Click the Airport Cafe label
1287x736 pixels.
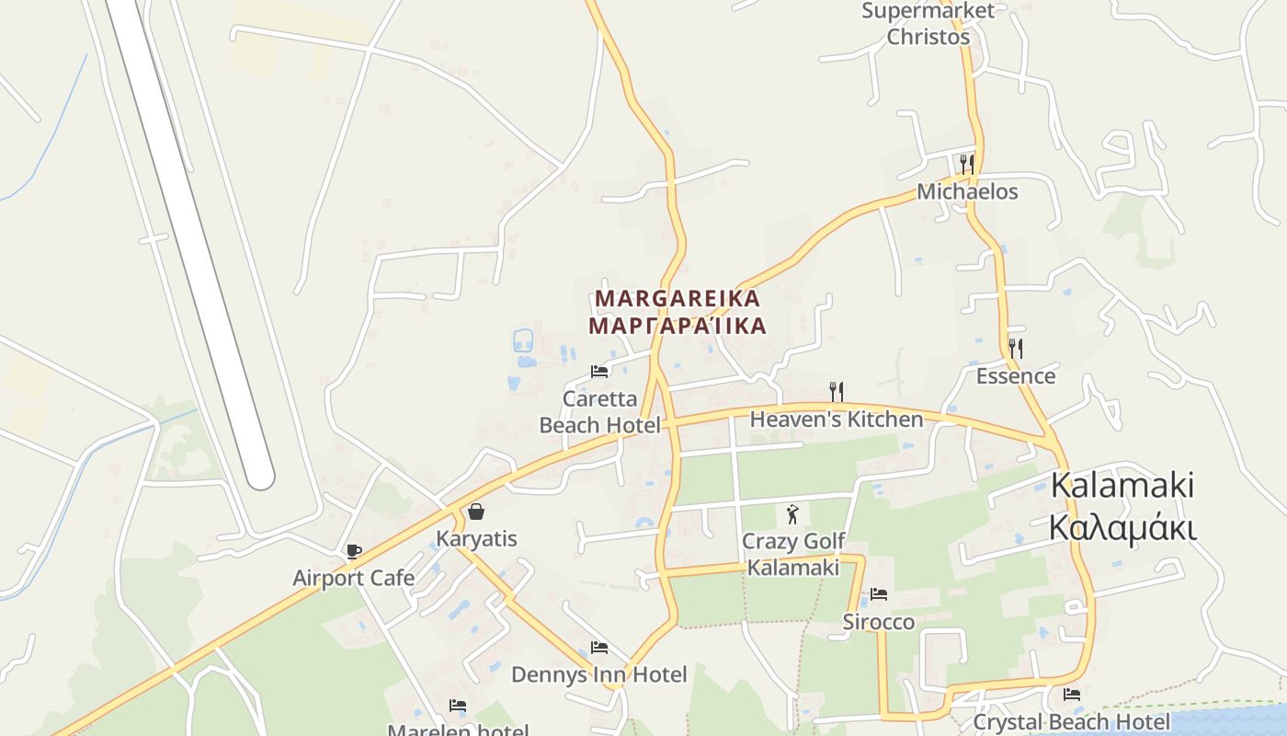(353, 579)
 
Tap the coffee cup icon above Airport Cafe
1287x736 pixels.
(354, 552)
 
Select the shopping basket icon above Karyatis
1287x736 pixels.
(476, 512)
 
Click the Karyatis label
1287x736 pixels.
(476, 539)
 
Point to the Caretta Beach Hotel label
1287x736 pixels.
(599, 412)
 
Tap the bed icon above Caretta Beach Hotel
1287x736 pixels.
(599, 372)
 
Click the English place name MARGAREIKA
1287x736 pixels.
(678, 299)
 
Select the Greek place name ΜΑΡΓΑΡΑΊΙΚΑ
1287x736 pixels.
(678, 327)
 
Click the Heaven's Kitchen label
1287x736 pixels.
(837, 420)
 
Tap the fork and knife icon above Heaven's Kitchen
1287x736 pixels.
(837, 392)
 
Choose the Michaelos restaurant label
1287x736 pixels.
(967, 192)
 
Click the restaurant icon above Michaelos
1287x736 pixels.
(967, 165)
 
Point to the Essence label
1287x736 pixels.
(1015, 376)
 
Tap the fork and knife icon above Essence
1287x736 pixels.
(1015, 349)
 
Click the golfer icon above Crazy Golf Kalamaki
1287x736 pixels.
(792, 514)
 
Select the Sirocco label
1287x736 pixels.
(879, 623)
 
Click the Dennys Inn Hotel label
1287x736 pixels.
(598, 675)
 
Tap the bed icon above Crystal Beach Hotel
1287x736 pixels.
(1072, 695)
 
